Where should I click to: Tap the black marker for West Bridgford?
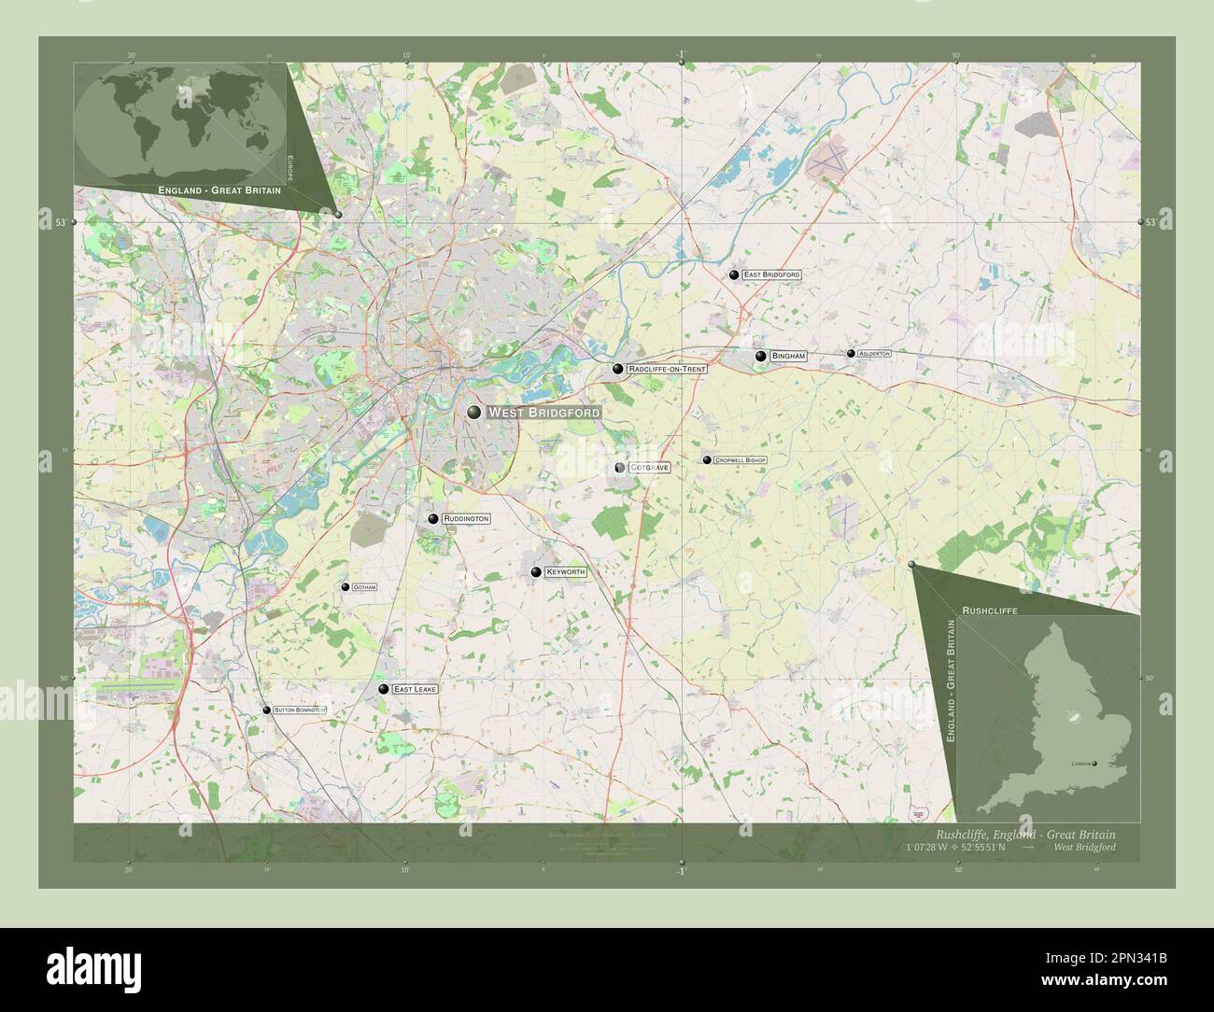click(x=474, y=413)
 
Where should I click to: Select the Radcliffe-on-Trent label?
click(x=667, y=369)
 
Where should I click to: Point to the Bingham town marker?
click(x=761, y=356)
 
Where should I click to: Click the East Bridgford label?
click(x=771, y=275)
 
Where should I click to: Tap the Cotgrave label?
click(x=649, y=467)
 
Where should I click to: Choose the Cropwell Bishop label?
click(x=740, y=460)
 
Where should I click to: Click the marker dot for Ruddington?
click(x=433, y=518)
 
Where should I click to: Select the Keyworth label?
click(x=566, y=571)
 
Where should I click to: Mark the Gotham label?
click(x=364, y=587)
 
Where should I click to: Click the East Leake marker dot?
click(x=383, y=689)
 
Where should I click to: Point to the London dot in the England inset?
click(x=1095, y=764)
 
